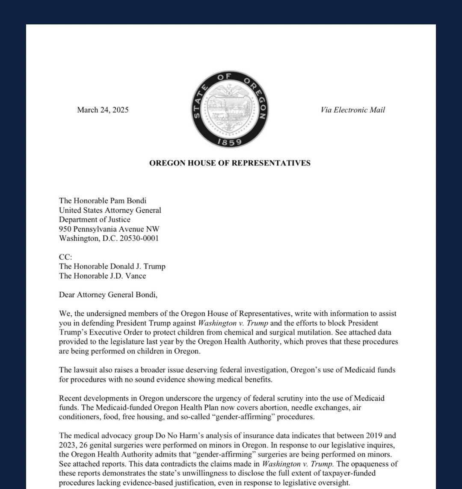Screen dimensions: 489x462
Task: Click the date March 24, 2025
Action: click(103, 110)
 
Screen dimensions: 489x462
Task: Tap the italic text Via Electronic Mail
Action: click(352, 110)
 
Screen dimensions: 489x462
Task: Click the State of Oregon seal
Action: click(230, 110)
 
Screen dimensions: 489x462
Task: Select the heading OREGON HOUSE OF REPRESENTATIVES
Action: click(230, 163)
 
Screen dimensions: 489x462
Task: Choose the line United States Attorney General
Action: click(110, 210)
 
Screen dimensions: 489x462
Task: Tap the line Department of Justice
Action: click(95, 219)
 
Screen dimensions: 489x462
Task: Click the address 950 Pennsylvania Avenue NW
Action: click(109, 229)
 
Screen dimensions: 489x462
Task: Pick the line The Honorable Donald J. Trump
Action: click(112, 267)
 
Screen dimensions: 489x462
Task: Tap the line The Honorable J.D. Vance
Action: click(102, 276)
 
